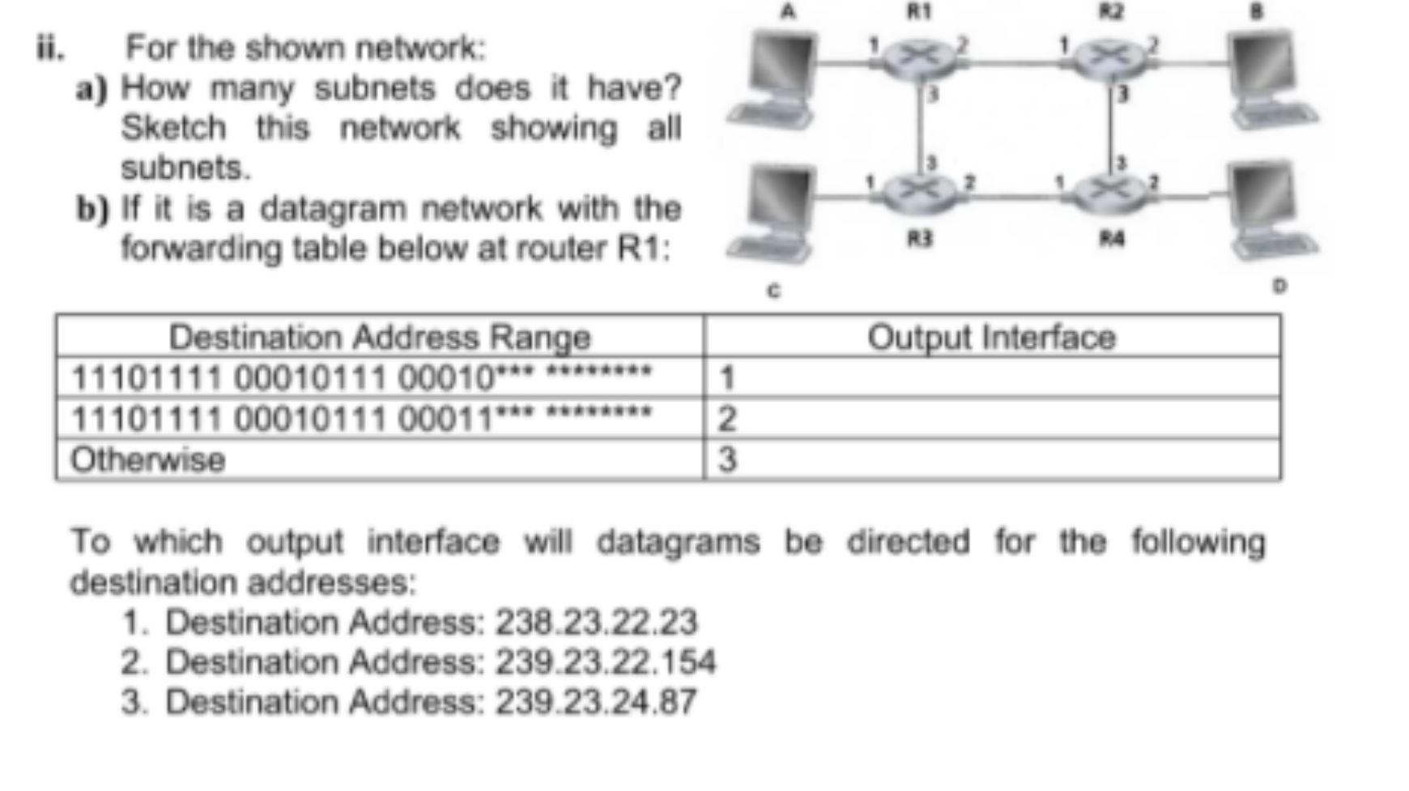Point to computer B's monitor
pyautogui.click(x=1261, y=65)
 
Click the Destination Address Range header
pyautogui.click(x=379, y=337)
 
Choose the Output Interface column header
pyautogui.click(x=991, y=337)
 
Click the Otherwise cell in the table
pyautogui.click(x=147, y=460)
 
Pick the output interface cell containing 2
pyautogui.click(x=727, y=419)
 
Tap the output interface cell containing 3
pyautogui.click(x=727, y=460)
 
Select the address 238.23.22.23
pyautogui.click(x=595, y=623)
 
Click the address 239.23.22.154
pyautogui.click(x=605, y=662)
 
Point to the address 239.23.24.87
pyautogui.click(x=595, y=702)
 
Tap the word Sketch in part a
pyautogui.click(x=173, y=129)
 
